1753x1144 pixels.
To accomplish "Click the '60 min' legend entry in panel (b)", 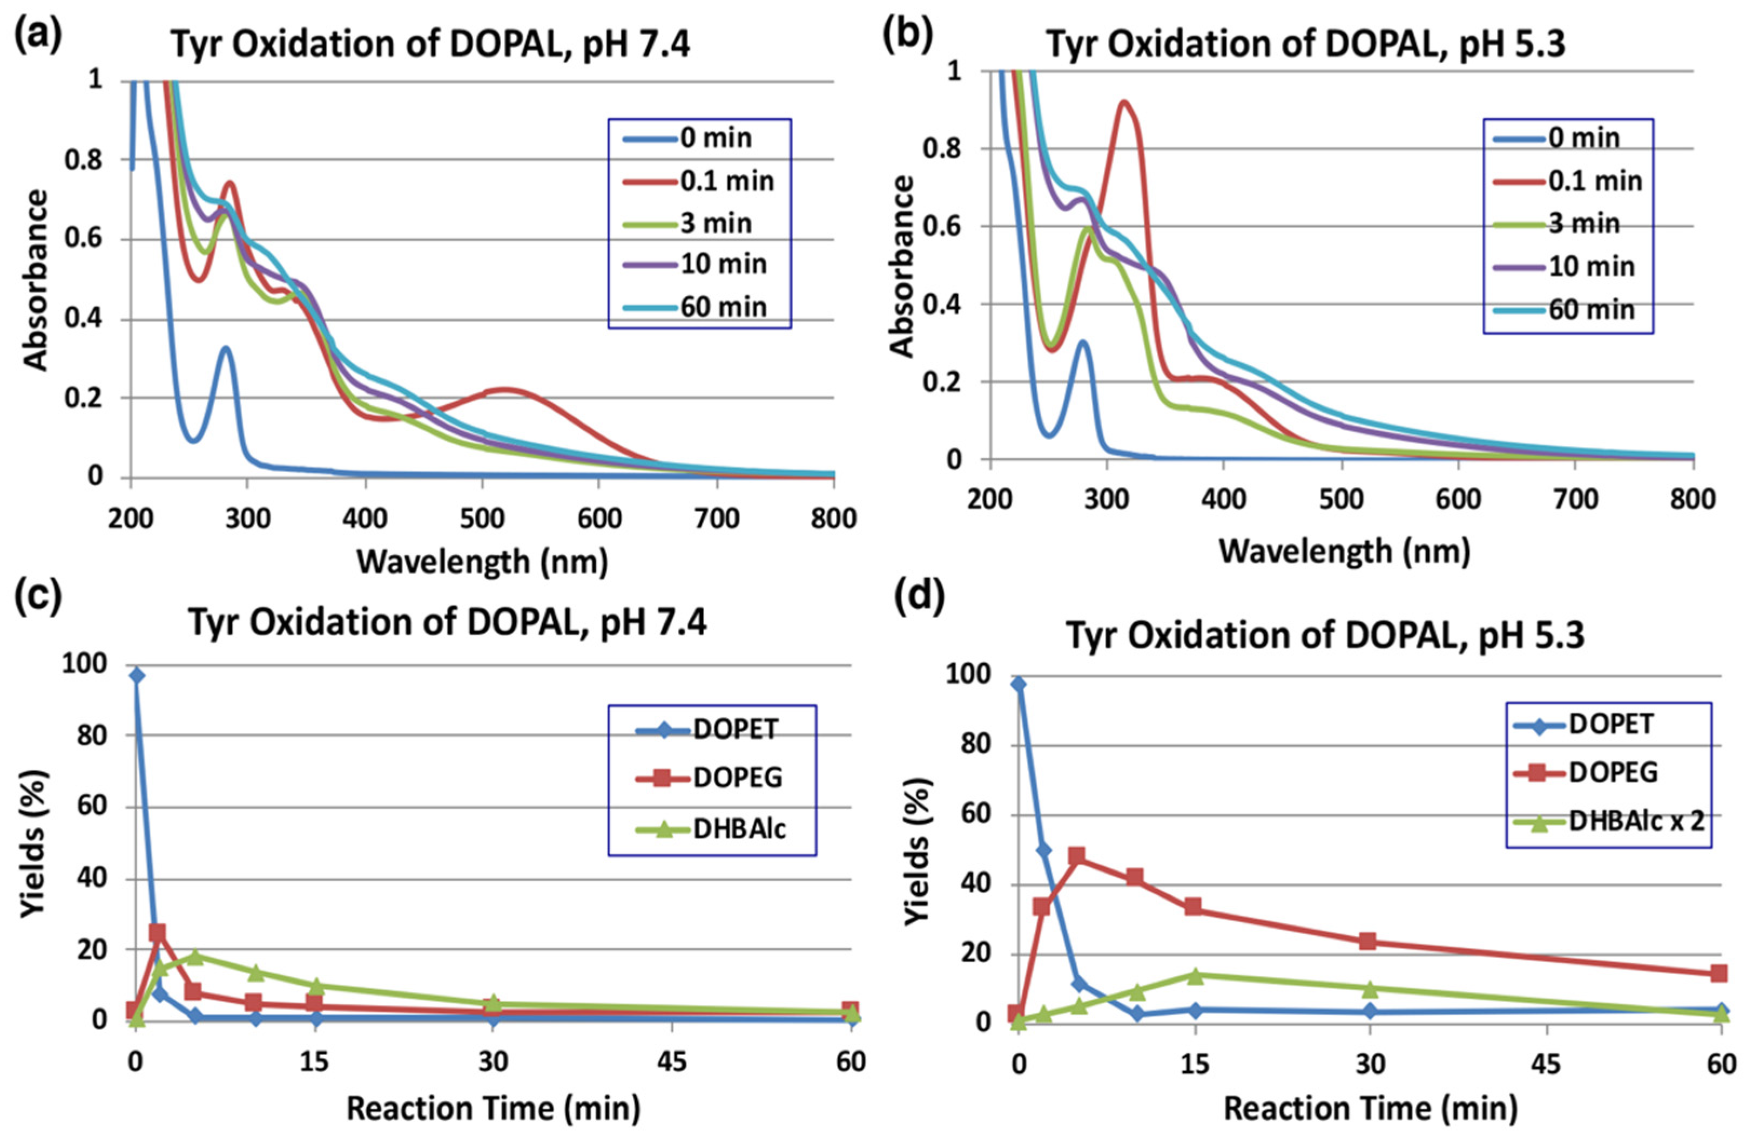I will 1591,310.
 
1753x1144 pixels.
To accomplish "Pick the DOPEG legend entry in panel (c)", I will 737,778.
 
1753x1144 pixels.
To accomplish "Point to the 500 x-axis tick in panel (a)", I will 482,519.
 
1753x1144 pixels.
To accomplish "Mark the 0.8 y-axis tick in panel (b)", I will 941,149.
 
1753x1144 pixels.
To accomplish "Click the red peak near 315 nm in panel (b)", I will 1124,103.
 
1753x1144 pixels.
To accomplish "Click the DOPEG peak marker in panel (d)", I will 1077,856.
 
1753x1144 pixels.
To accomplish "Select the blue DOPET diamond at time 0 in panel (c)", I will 136,676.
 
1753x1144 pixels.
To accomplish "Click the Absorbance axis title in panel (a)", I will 35,280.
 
